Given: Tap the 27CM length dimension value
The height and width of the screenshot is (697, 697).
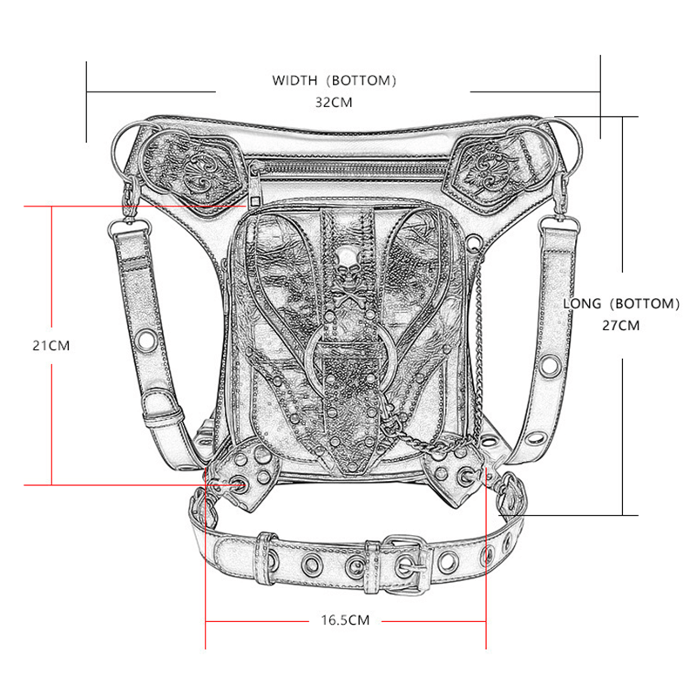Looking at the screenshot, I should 621,325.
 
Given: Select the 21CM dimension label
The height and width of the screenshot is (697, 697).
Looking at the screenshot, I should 51,344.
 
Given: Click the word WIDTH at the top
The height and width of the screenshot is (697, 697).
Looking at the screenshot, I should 295,81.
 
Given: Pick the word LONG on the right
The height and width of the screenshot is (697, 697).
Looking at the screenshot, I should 583,303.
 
